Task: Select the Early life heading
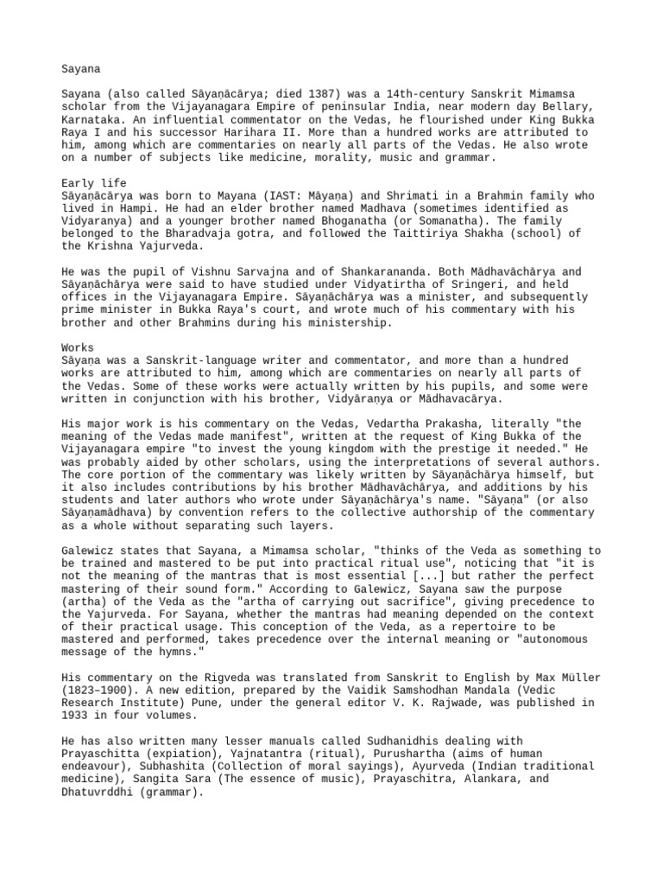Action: point(94,183)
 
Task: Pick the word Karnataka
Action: point(94,119)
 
